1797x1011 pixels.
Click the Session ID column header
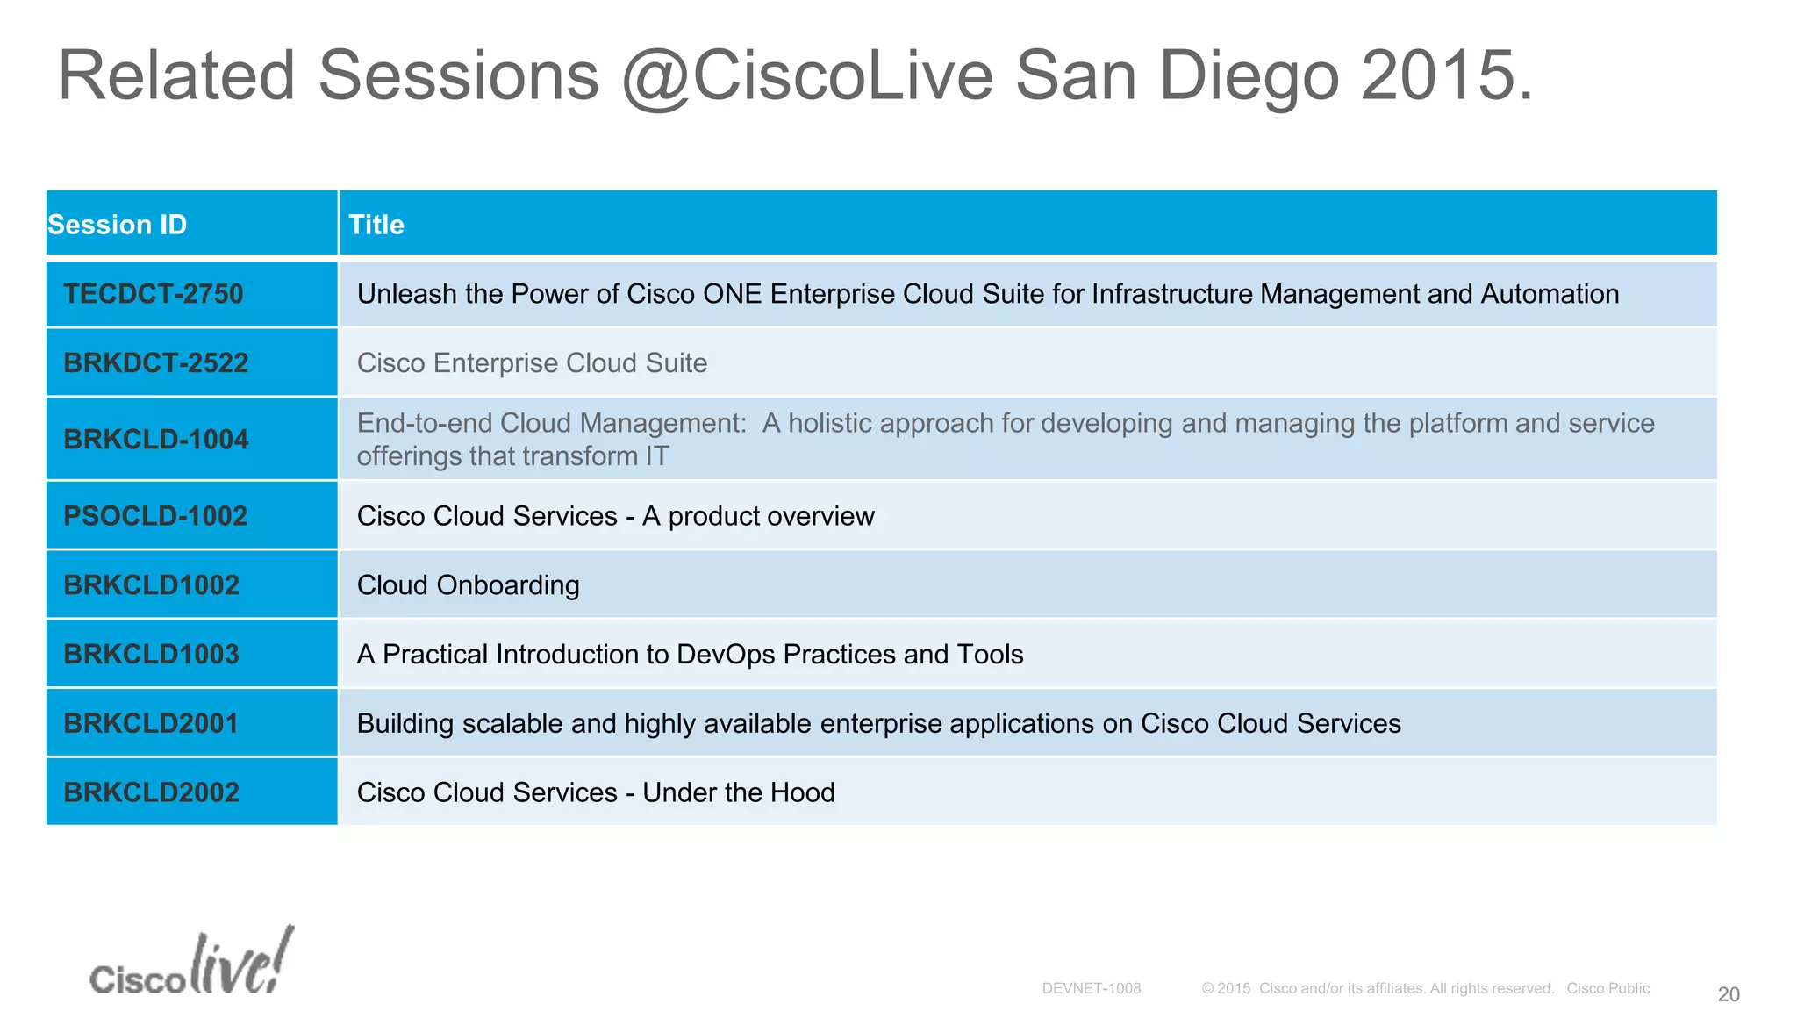[118, 225]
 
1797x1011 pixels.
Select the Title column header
[376, 225]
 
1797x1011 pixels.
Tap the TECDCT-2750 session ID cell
[154, 294]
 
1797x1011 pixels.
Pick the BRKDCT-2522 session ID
[156, 362]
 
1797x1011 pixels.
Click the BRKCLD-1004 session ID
[156, 439]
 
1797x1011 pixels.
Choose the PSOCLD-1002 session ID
[155, 516]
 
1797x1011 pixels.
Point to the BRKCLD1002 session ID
[151, 585]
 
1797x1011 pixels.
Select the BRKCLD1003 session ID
[151, 654]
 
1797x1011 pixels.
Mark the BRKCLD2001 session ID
[151, 723]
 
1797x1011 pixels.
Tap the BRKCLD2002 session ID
[151, 792]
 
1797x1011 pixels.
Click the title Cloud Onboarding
[468, 585]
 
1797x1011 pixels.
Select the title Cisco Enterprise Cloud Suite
[532, 363]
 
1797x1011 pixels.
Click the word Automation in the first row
[1550, 294]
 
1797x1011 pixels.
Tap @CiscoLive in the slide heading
[807, 76]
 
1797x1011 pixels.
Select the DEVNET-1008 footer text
[1091, 988]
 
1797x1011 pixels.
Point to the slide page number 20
[1728, 994]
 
